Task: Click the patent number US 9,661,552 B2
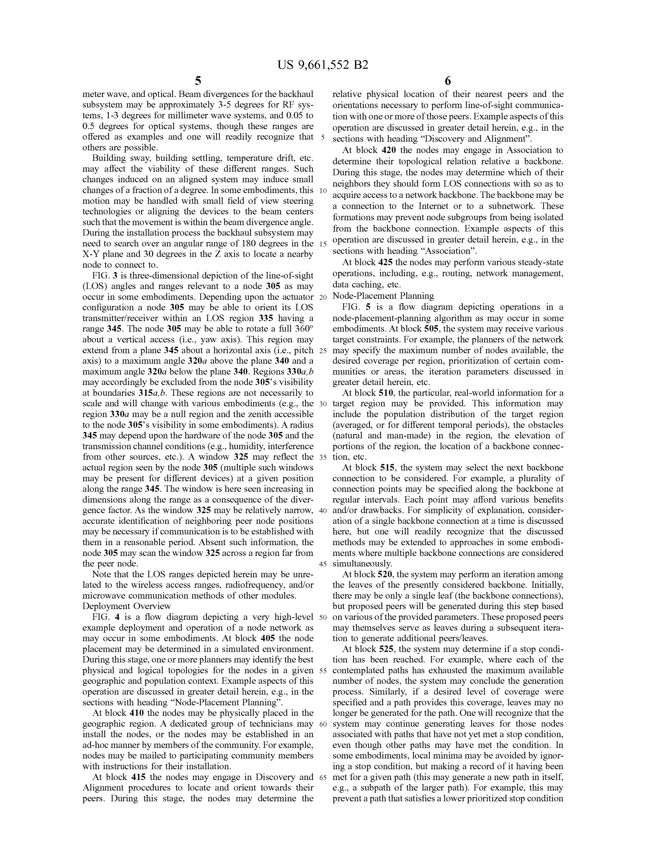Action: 322,65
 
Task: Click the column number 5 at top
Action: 198,81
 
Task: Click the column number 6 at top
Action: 447,81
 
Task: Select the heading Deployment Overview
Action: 126,606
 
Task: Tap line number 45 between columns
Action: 323,564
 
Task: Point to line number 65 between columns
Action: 323,777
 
